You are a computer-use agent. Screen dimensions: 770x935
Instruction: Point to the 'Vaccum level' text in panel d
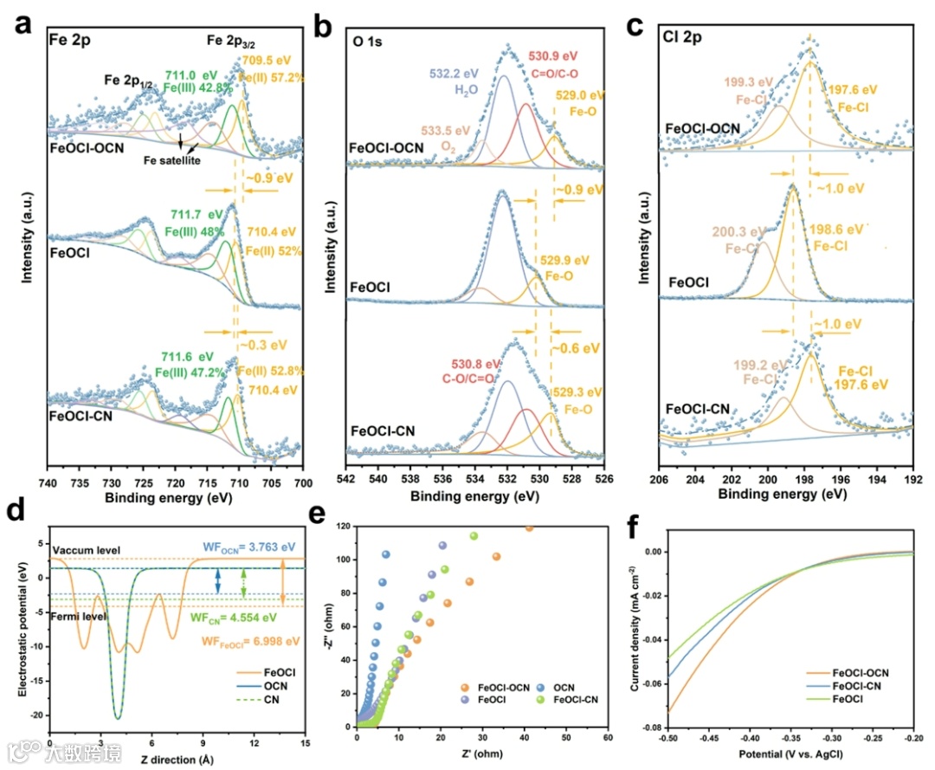click(85, 550)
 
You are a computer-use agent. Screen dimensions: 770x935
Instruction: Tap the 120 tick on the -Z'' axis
click(345, 527)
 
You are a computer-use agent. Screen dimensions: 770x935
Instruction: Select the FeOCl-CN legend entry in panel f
click(861, 685)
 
